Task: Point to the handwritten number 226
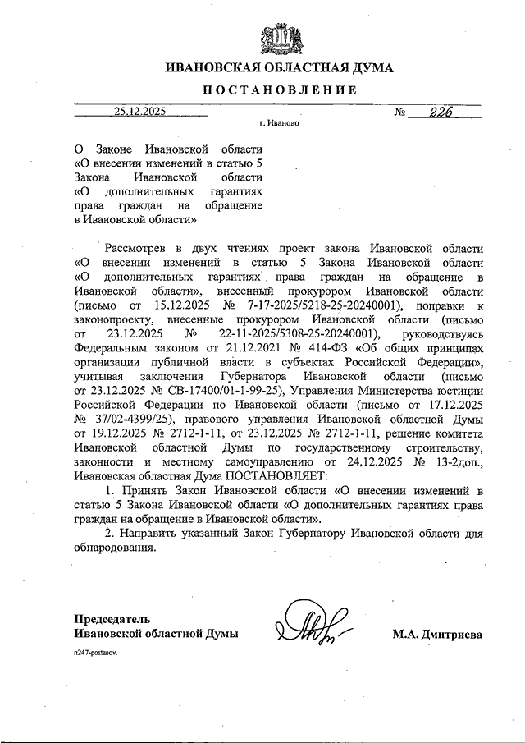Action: tap(438, 112)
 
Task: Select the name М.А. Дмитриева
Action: tap(437, 634)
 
